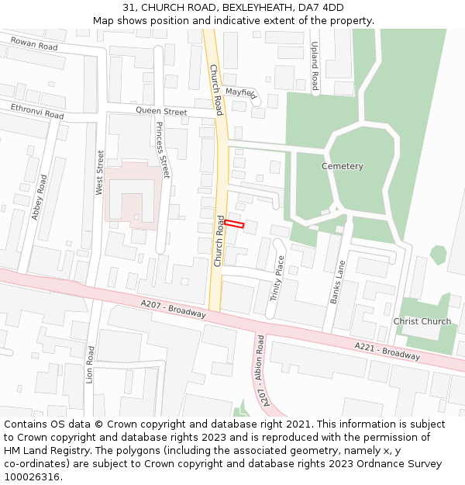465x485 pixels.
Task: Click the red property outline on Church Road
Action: point(234,224)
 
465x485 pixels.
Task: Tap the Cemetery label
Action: point(343,166)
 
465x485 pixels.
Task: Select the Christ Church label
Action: point(422,321)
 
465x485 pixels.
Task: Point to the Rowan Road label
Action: point(34,47)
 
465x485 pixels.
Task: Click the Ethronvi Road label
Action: point(37,111)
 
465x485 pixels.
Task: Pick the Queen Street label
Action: point(161,112)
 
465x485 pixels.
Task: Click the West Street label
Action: point(100,173)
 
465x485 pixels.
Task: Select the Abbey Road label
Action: point(40,197)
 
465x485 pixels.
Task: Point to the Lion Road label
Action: point(91,365)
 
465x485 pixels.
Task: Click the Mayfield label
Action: point(240,92)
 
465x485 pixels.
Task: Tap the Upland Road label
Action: point(315,66)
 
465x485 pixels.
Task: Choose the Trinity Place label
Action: point(277,279)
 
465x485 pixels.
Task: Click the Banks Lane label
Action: point(337,282)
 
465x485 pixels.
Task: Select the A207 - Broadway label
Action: point(174,309)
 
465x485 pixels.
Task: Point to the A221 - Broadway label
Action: point(387,352)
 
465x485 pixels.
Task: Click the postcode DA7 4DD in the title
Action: point(322,8)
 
